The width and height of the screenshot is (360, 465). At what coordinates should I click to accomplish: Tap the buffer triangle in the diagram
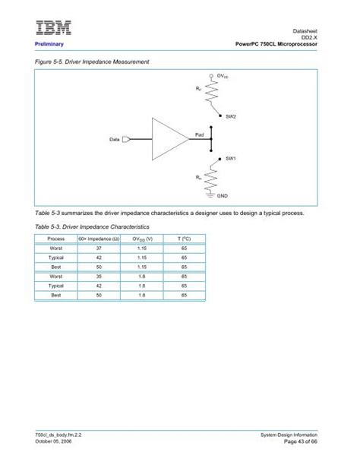coord(169,139)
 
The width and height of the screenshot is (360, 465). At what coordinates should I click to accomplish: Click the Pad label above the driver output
coord(200,133)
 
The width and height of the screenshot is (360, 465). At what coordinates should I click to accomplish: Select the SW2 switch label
coord(231,115)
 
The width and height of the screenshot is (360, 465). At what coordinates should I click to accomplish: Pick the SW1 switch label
coord(231,159)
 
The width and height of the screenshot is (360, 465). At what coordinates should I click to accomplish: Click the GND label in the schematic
coord(223,196)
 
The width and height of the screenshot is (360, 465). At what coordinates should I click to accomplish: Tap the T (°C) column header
coord(184,239)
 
